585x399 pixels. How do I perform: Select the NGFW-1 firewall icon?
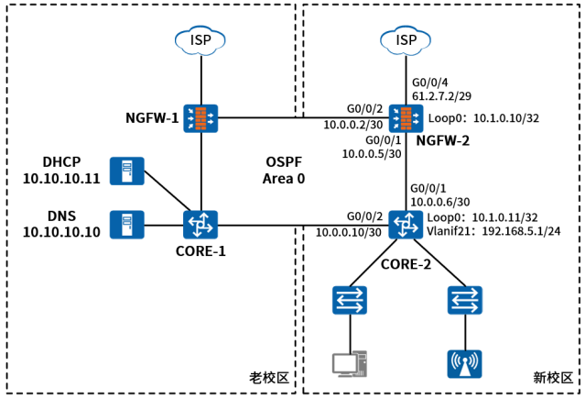[200, 117]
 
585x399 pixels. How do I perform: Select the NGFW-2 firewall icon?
[405, 117]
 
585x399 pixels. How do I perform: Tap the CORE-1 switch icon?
[200, 225]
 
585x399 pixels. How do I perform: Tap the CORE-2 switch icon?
[405, 225]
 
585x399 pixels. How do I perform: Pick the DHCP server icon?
[126, 171]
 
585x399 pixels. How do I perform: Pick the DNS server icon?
[126, 225]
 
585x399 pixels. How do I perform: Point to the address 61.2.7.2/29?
[443, 94]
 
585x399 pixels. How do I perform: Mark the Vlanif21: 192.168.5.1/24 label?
[493, 233]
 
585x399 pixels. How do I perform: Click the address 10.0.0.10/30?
[349, 233]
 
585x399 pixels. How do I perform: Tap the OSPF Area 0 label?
[284, 170]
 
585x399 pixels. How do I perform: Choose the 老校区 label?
[268, 377]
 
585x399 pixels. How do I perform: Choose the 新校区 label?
[553, 377]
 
